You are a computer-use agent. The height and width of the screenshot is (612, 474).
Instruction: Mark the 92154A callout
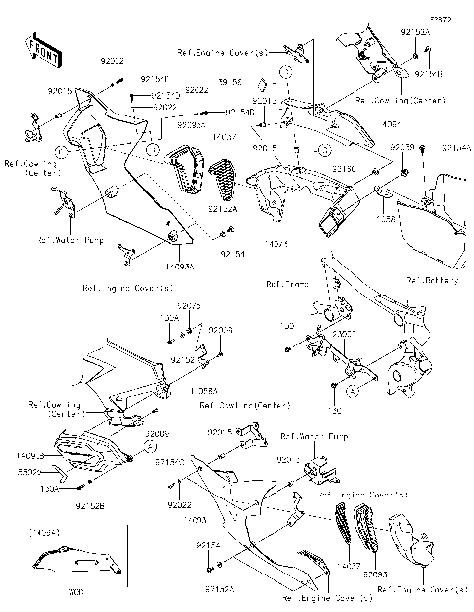[x=457, y=148]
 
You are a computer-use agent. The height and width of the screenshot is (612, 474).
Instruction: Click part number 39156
[x=230, y=82]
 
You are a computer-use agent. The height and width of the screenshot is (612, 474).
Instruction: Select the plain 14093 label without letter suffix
[x=196, y=519]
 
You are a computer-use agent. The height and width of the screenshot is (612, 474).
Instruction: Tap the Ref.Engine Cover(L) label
[x=314, y=597]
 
